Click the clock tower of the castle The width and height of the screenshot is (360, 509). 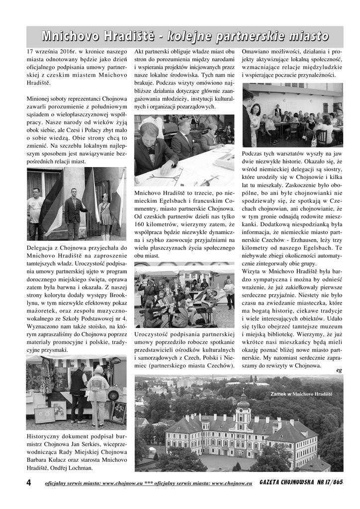tap(243, 408)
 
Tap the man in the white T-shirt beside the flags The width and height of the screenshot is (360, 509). tap(35, 209)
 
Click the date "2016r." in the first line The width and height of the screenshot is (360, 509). tap(69, 51)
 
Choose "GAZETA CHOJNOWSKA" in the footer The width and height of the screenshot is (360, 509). tap(285, 483)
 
